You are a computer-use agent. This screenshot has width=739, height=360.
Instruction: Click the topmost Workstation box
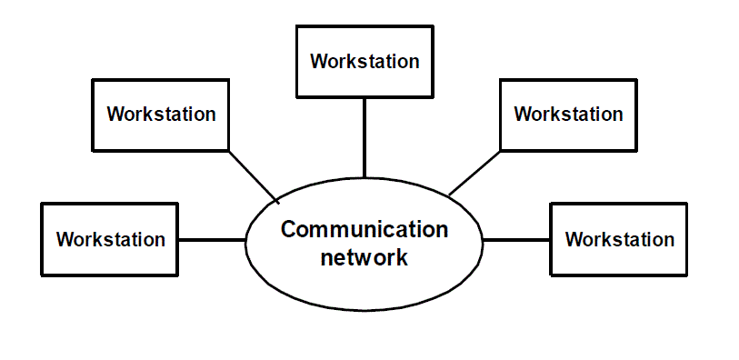point(364,62)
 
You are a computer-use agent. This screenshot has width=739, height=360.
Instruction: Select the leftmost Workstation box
point(110,239)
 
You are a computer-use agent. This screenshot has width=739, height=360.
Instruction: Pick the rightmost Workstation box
point(619,239)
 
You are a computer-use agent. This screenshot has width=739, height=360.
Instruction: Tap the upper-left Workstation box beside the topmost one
point(160,115)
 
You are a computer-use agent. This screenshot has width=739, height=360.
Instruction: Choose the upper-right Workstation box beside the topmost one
point(568,115)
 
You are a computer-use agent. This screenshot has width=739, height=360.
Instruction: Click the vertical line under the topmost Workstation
point(364,136)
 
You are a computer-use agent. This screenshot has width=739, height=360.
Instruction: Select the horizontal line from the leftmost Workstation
point(212,240)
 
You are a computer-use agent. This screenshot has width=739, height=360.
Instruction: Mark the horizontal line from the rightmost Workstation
point(516,240)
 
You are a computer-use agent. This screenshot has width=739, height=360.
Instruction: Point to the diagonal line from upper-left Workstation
point(253,176)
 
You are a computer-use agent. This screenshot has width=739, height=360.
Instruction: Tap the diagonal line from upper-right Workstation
point(474,174)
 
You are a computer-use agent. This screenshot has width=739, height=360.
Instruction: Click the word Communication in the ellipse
point(364,229)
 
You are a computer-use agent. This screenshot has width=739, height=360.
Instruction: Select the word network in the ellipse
point(364,257)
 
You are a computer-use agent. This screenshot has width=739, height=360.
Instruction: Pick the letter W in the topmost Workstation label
point(318,62)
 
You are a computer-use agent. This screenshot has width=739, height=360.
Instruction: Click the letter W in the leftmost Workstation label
point(65,240)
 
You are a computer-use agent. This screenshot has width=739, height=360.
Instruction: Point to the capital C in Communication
point(289,229)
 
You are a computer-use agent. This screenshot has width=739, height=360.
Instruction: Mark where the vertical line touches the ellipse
point(364,177)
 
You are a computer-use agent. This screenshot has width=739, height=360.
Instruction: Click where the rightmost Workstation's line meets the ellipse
point(483,240)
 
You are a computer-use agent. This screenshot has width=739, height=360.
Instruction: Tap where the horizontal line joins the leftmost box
point(179,240)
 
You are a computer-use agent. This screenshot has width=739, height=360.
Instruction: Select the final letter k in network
point(402,257)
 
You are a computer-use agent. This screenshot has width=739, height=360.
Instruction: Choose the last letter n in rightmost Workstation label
point(668,240)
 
